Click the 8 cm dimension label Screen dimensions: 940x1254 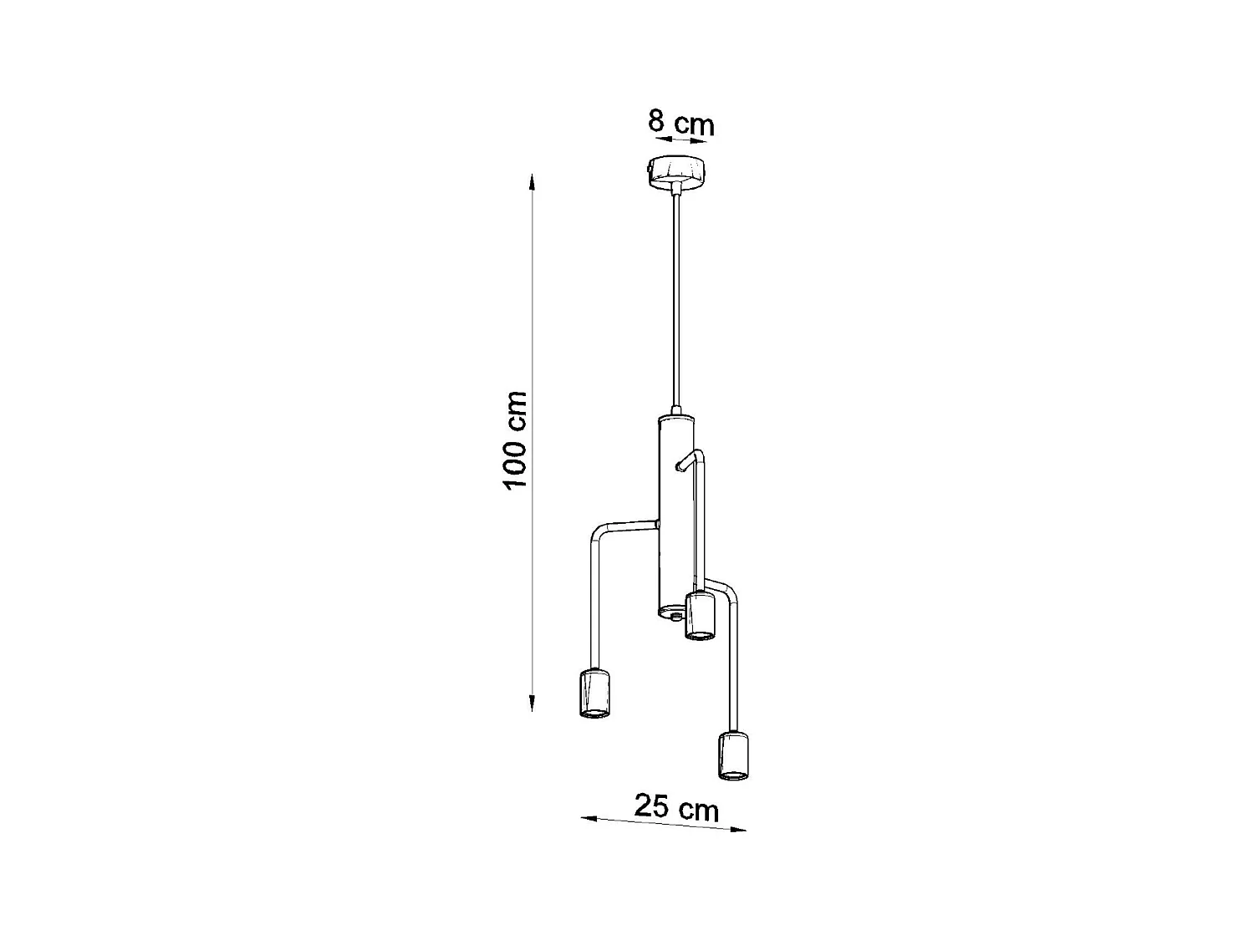(x=681, y=123)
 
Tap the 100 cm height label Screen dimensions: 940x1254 (x=515, y=440)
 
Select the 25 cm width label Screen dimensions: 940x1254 (x=676, y=808)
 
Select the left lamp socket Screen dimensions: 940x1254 (x=595, y=694)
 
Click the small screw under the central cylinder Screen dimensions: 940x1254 (x=674, y=616)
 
